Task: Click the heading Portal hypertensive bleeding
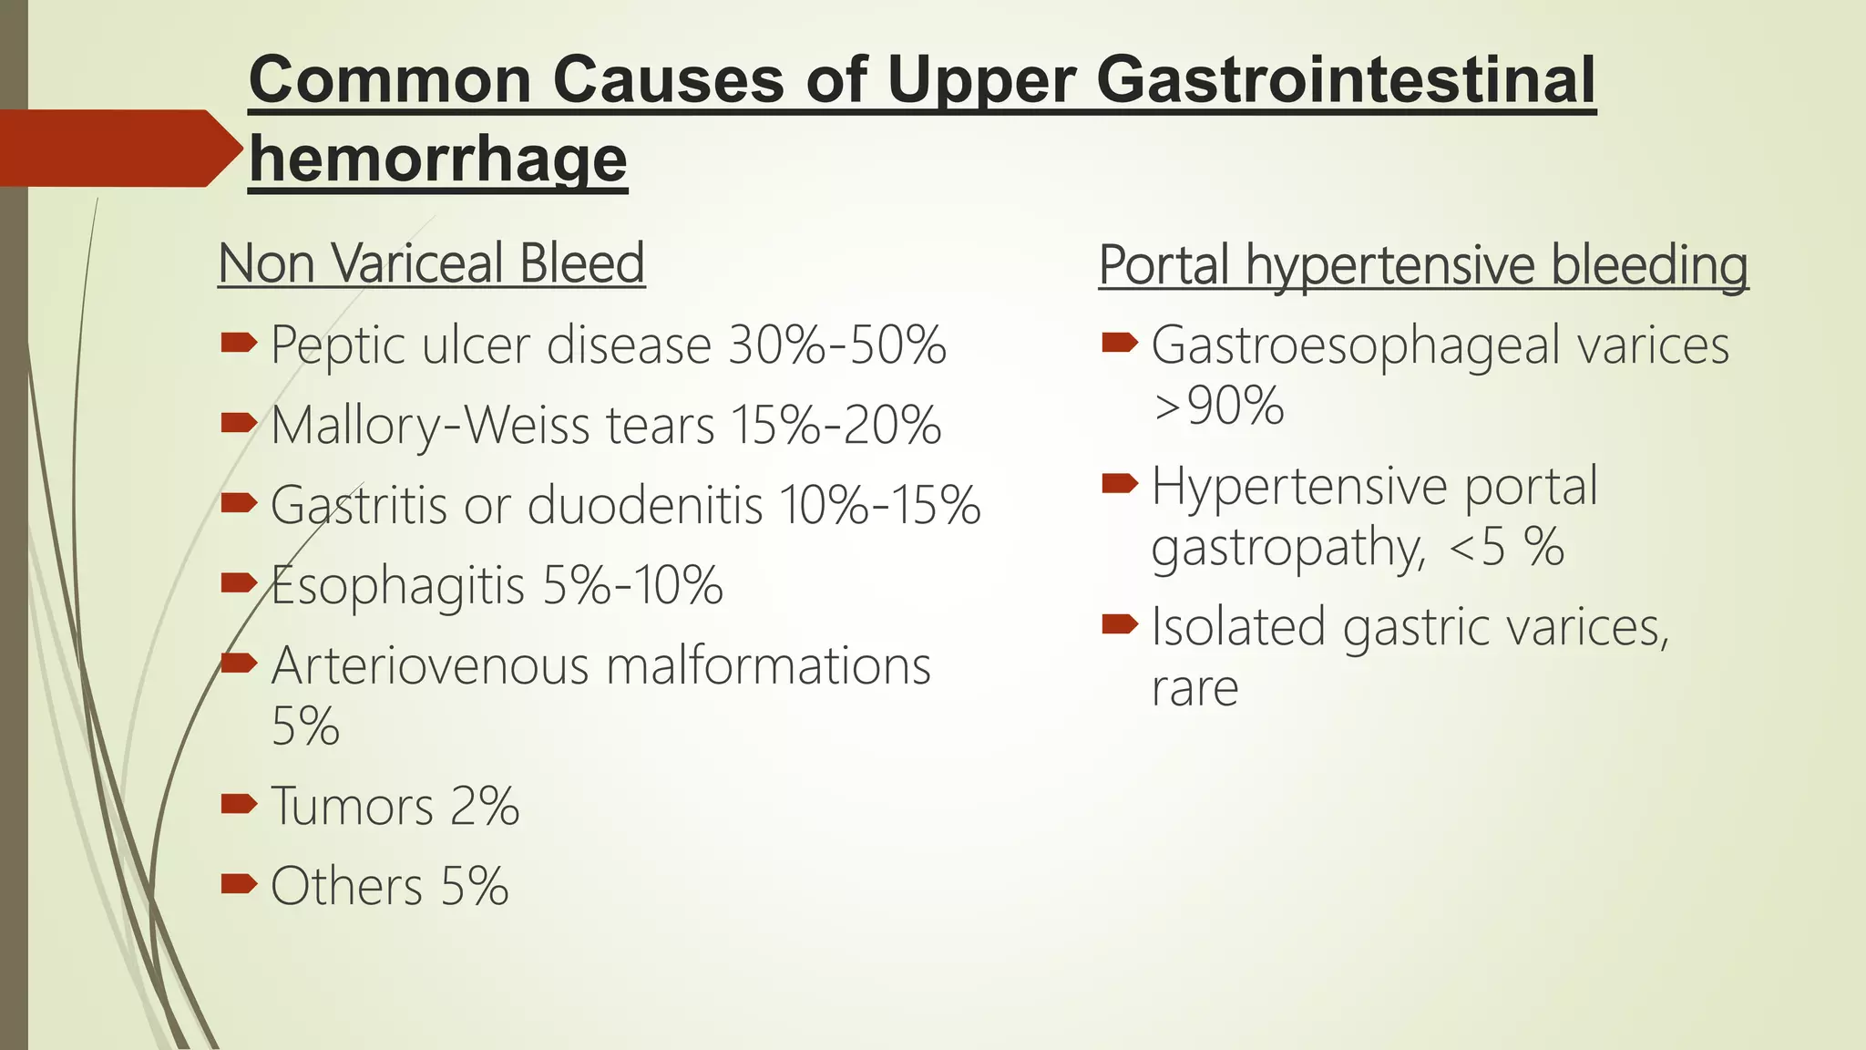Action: point(1422,265)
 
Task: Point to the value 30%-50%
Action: point(837,345)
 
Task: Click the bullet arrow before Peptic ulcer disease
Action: point(239,343)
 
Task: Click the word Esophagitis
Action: point(398,585)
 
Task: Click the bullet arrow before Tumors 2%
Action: point(239,803)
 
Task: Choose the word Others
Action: point(346,886)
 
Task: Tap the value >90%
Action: point(1218,406)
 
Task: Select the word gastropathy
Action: point(1287,548)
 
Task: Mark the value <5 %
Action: point(1505,547)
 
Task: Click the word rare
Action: point(1194,687)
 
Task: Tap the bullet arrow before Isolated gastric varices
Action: point(1119,624)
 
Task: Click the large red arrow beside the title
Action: point(118,148)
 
